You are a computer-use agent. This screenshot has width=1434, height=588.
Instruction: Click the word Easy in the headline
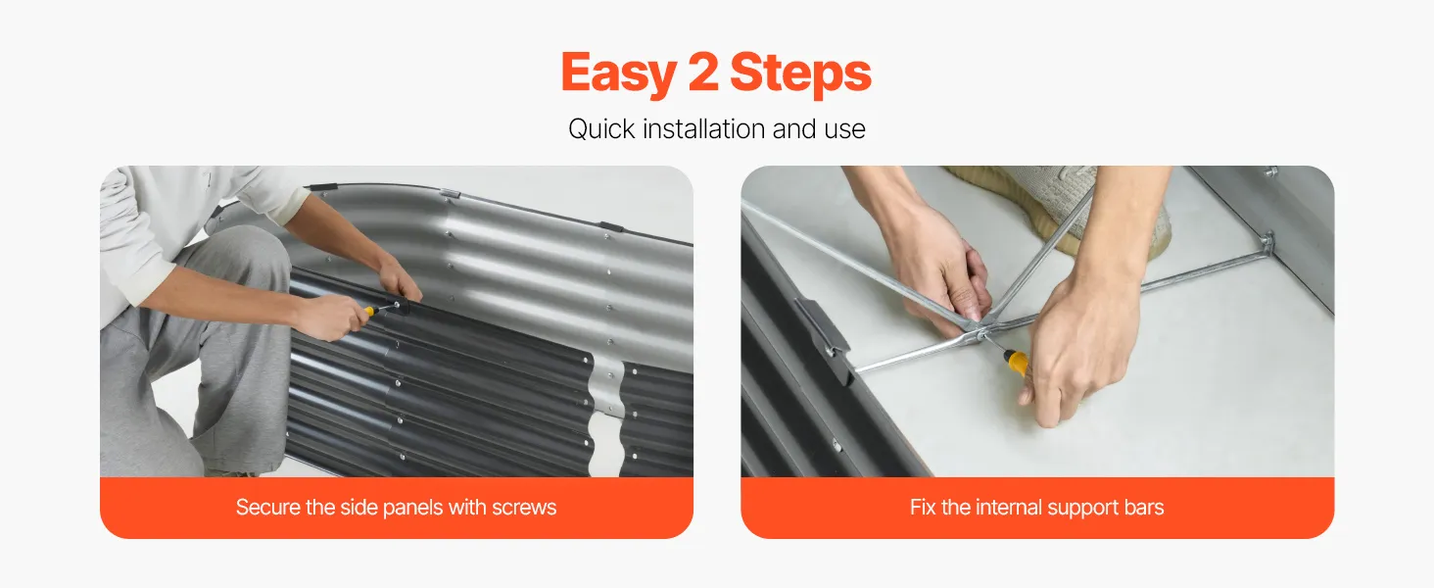(618, 73)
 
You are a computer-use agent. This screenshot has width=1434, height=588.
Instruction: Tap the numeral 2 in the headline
(703, 72)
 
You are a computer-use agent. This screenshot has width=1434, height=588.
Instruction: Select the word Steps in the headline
(800, 73)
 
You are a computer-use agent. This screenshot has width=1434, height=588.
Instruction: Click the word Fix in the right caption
(923, 508)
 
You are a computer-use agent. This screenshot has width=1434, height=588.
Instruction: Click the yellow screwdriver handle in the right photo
(1017, 362)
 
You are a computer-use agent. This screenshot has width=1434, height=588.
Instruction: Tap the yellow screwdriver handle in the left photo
(369, 312)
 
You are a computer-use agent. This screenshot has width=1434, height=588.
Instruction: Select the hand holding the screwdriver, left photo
(330, 316)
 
